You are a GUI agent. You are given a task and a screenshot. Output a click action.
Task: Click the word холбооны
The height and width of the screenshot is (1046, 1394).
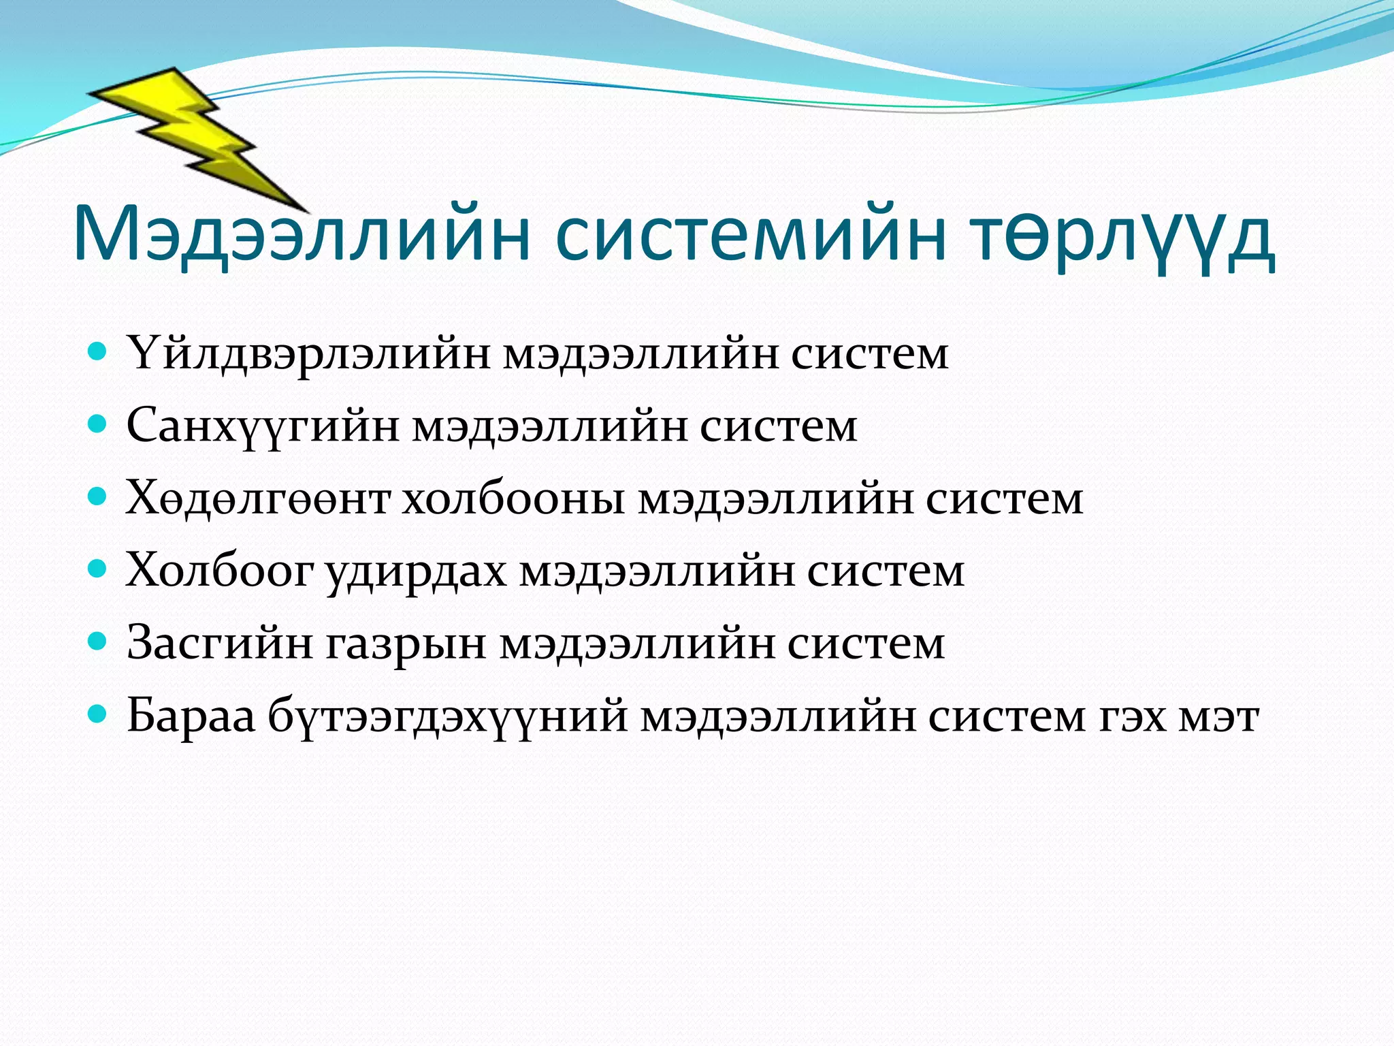click(x=514, y=498)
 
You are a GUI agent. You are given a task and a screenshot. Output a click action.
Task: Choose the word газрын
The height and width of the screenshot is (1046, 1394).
click(x=406, y=643)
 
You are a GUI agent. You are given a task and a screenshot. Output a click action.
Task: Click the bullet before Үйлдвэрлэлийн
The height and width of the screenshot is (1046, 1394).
click(x=98, y=352)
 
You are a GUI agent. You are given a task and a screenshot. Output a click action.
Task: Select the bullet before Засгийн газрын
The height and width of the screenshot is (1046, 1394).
click(x=98, y=641)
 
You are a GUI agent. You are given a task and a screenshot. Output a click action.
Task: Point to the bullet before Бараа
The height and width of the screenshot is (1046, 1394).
click(x=98, y=713)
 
